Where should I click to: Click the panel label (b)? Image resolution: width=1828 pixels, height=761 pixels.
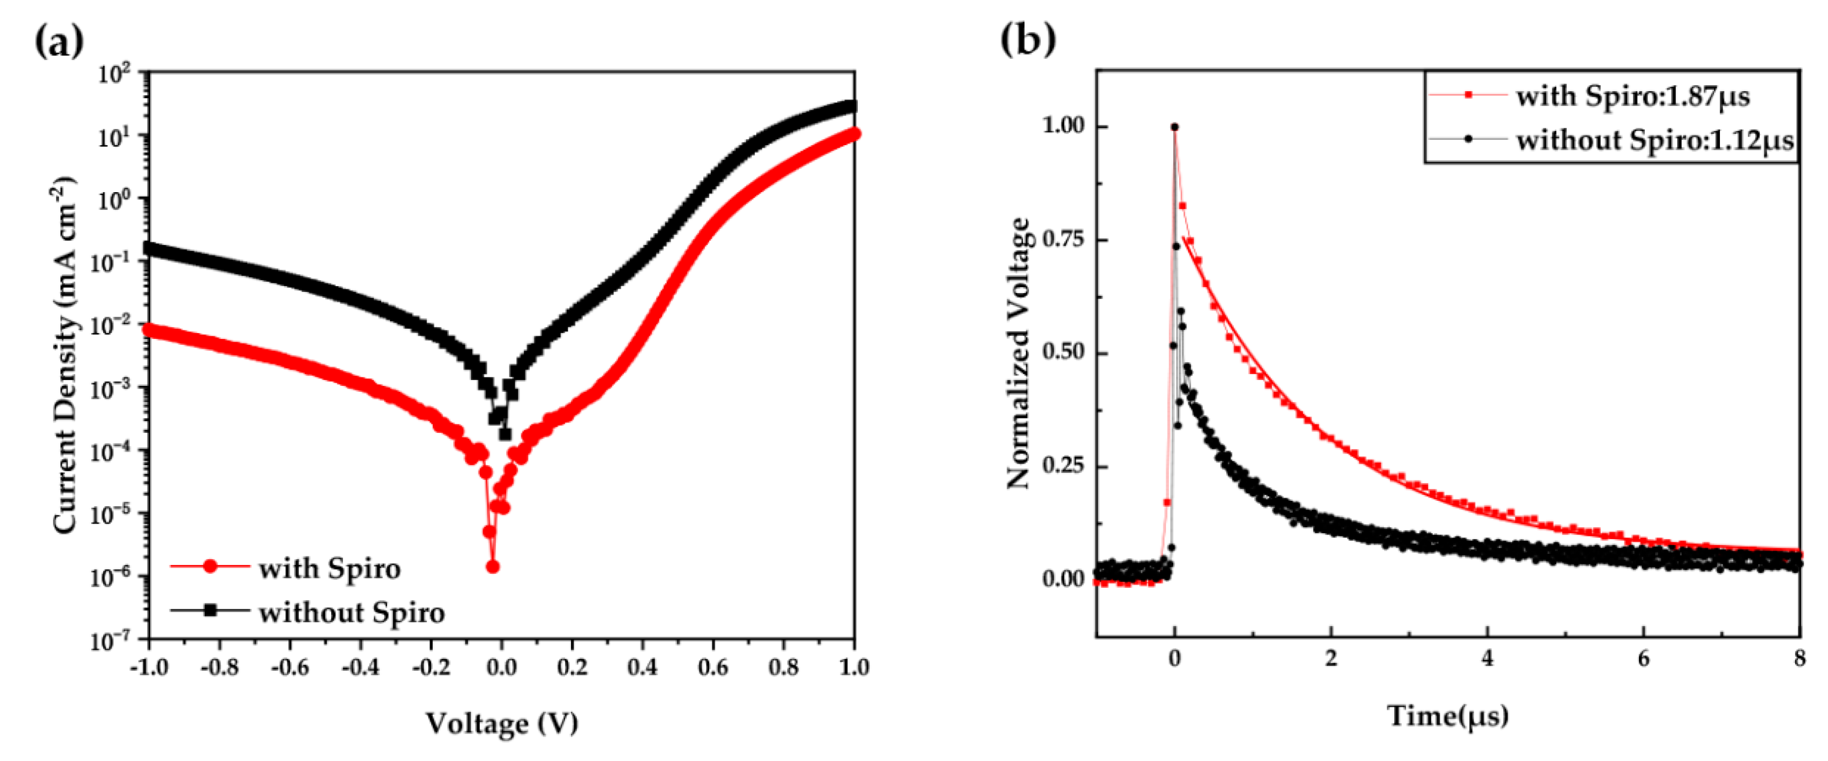(x=1027, y=38)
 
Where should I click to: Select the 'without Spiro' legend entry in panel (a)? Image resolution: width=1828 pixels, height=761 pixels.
(x=351, y=612)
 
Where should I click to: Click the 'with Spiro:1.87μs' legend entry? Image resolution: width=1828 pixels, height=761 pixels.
(x=1632, y=96)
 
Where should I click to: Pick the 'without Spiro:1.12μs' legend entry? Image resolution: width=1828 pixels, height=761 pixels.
(x=1654, y=140)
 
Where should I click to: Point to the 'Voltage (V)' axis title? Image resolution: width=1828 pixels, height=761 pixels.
(x=502, y=723)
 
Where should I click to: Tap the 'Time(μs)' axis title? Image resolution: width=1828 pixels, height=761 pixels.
(x=1448, y=715)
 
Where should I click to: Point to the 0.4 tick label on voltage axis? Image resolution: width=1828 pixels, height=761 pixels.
(x=642, y=667)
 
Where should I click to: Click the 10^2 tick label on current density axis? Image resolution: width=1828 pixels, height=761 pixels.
(x=113, y=73)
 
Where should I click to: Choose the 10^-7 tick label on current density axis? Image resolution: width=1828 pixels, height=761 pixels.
(x=111, y=641)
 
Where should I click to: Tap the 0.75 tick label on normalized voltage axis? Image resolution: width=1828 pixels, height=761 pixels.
(x=1063, y=240)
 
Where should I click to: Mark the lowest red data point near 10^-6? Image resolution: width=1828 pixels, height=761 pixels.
(x=493, y=567)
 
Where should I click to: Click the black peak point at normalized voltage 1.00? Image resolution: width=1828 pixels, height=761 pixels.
(x=1174, y=127)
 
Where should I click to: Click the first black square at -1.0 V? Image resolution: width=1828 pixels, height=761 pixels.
(x=150, y=248)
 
